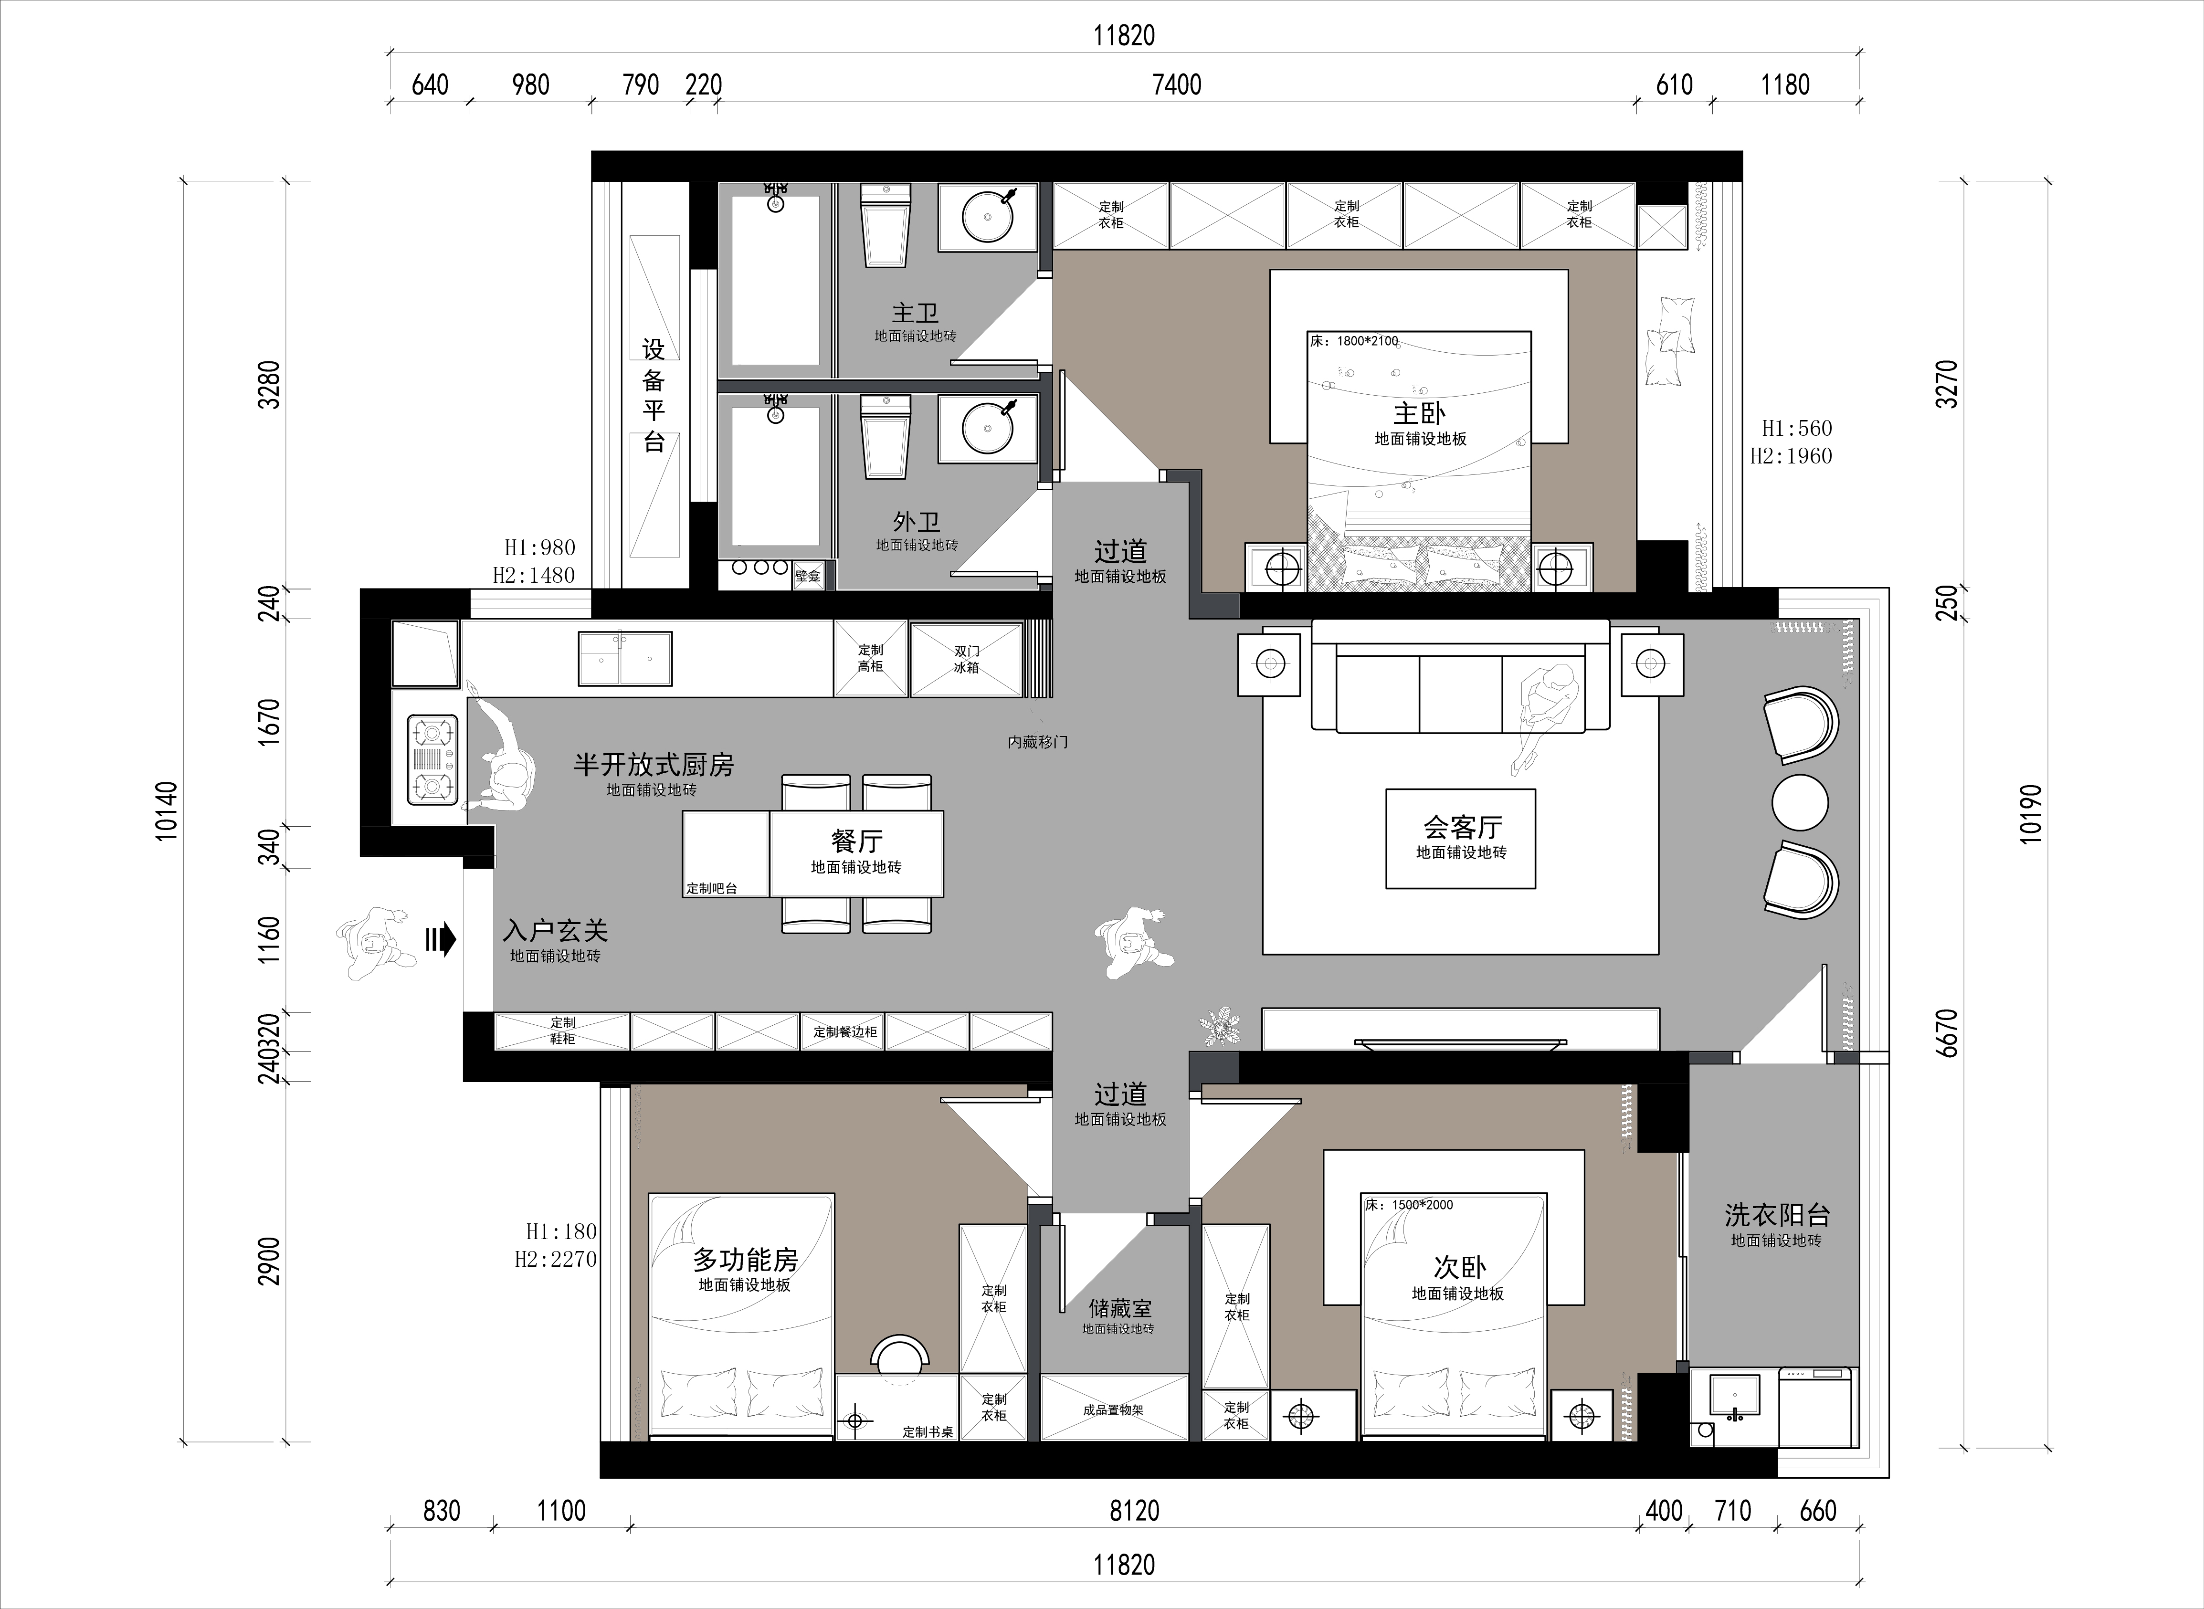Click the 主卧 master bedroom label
tap(1419, 413)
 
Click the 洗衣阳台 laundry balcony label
tap(1776, 1215)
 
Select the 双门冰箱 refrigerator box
tap(966, 659)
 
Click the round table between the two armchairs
tap(1800, 802)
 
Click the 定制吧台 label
tap(712, 888)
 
